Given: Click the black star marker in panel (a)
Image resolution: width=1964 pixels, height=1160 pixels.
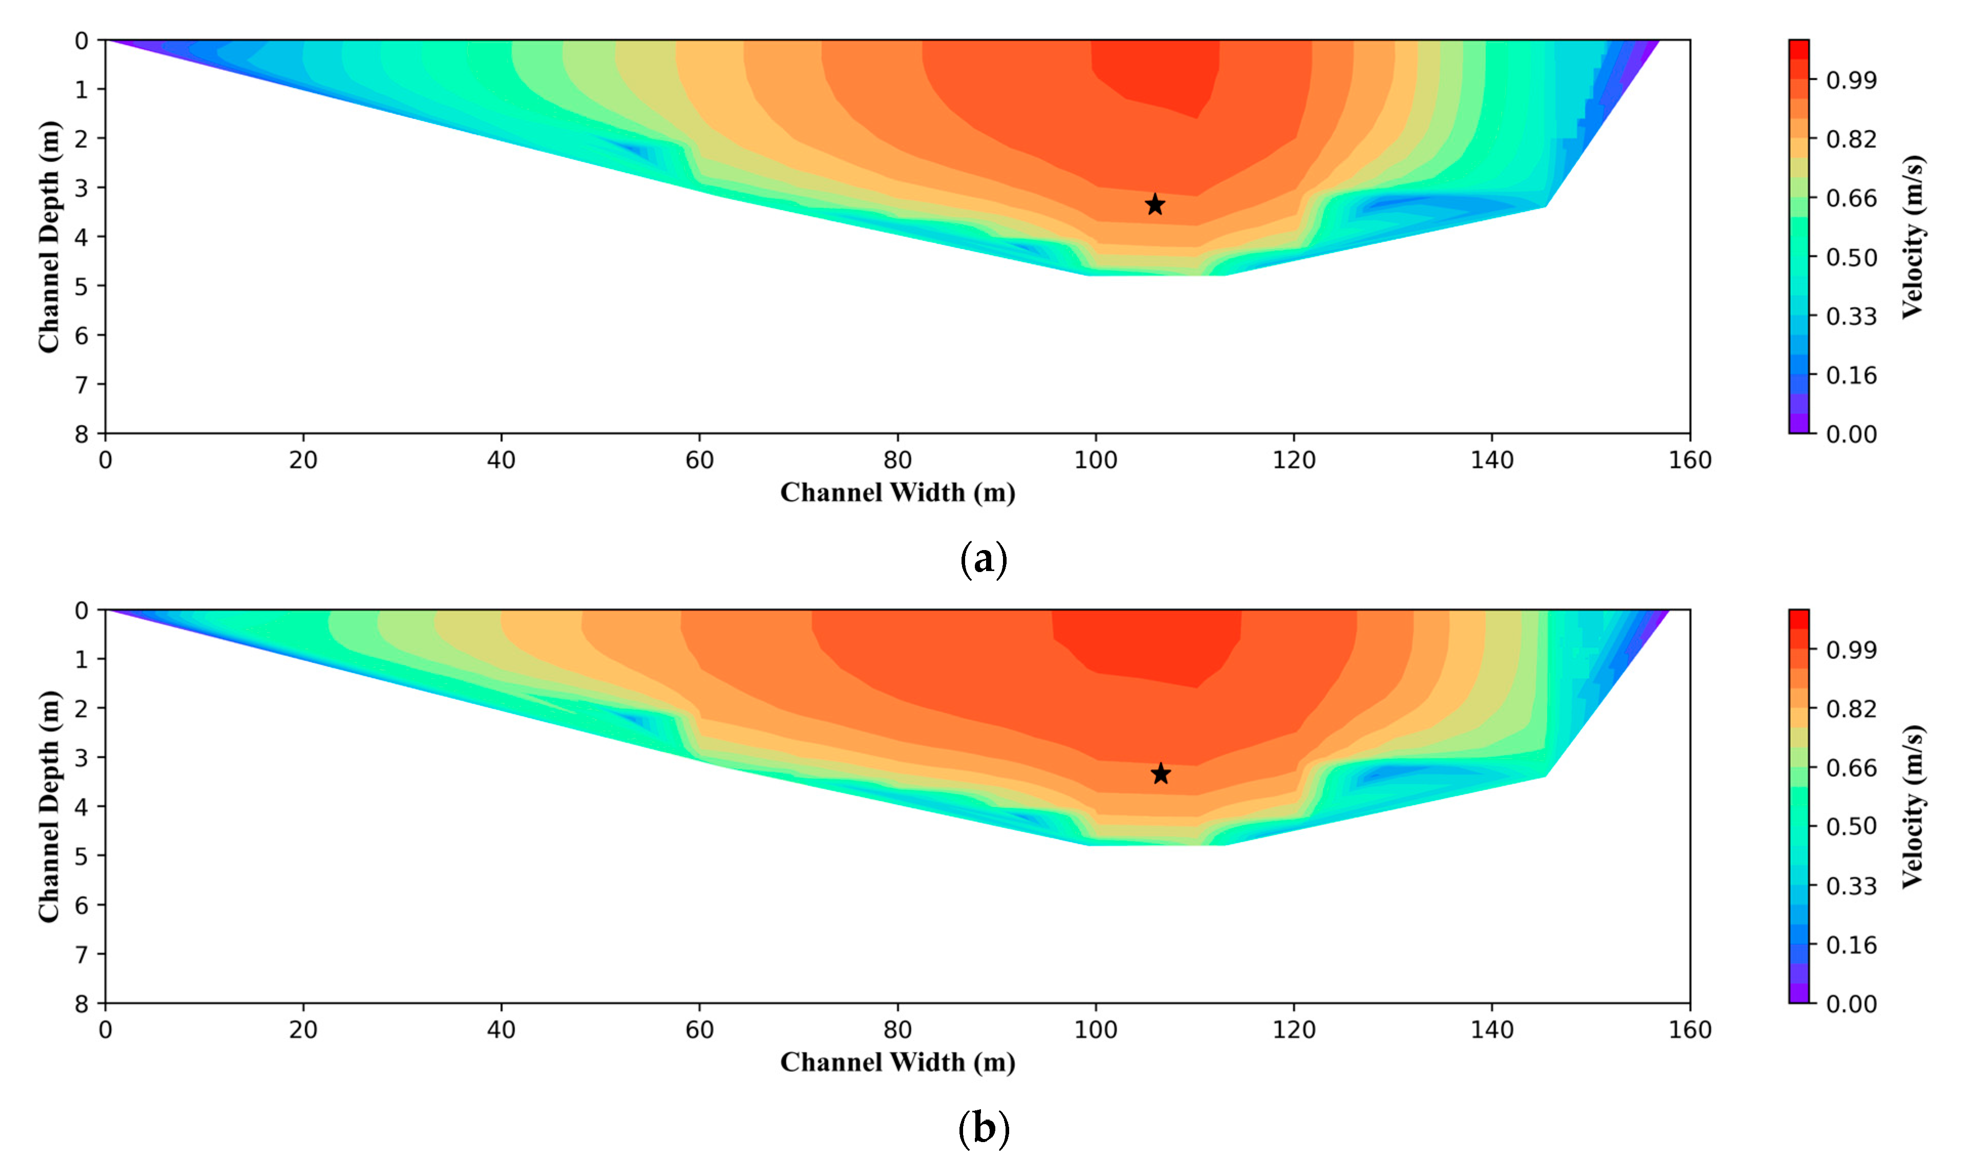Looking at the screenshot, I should coord(1155,205).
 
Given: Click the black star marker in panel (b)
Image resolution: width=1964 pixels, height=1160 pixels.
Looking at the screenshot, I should coord(1161,774).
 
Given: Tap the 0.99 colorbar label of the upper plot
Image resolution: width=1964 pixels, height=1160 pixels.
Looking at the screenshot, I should coord(1851,80).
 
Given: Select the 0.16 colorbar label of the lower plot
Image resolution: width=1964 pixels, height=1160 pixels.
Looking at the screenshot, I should coord(1851,945).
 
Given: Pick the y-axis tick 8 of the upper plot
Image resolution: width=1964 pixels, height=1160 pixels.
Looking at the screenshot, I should coord(81,434).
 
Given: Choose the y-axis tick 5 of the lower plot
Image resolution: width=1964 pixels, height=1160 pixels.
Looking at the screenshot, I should coord(81,856).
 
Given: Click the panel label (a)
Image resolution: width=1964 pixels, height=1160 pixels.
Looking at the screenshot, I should coord(983,560).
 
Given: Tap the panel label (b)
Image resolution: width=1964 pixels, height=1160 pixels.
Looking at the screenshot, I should coord(983,1129).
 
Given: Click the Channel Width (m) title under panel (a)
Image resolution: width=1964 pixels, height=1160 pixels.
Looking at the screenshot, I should coord(898,493).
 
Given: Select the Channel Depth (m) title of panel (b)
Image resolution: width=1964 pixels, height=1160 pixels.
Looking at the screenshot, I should coord(49,806).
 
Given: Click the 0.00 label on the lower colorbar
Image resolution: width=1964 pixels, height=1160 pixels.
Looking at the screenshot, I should coord(1851,1004).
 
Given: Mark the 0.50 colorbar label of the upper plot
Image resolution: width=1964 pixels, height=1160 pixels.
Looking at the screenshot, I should coord(1851,257).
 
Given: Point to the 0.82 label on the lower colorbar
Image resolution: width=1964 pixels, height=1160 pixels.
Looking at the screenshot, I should coord(1851,709).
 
